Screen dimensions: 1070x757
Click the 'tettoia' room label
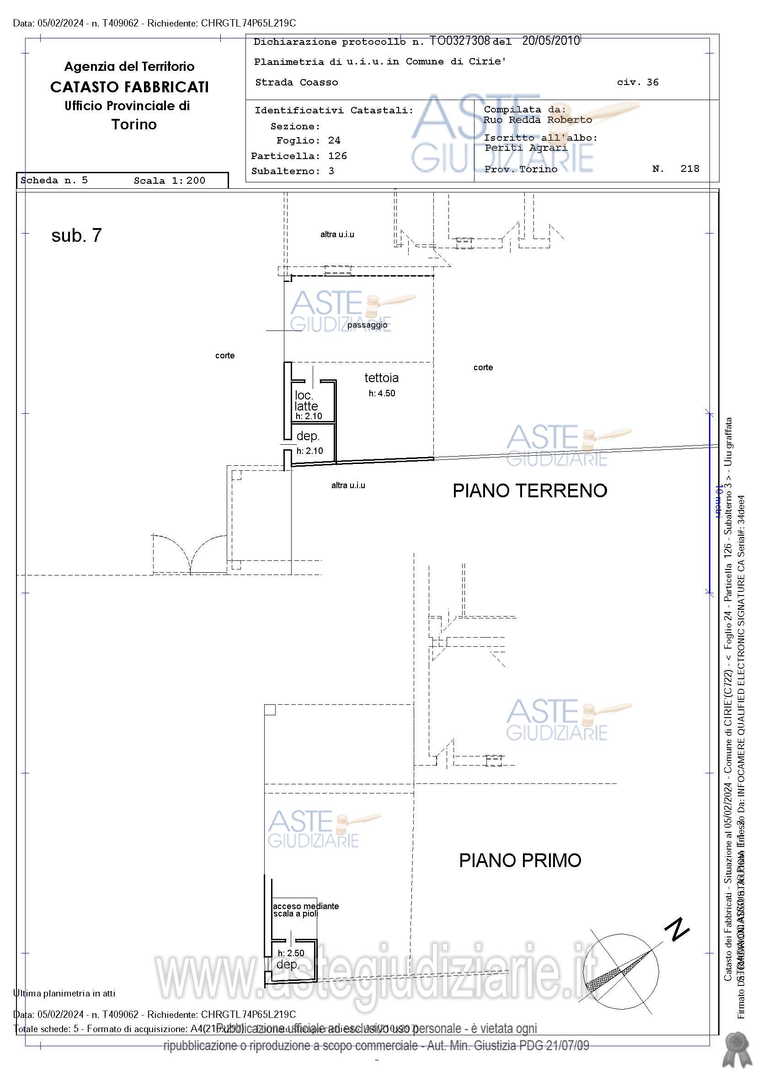(381, 378)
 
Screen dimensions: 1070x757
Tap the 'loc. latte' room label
(306, 401)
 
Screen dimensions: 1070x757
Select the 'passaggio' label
(367, 325)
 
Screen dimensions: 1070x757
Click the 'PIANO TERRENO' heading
(529, 491)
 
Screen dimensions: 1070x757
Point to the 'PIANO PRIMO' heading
(520, 860)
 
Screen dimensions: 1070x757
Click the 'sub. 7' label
(76, 236)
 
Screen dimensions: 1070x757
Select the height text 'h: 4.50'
(381, 394)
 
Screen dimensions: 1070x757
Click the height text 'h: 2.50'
(290, 953)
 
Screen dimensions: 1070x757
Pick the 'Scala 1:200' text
(169, 181)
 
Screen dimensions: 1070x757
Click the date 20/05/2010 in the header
(550, 41)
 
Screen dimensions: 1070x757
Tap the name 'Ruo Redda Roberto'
(538, 120)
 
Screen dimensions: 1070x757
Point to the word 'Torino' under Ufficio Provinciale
(134, 124)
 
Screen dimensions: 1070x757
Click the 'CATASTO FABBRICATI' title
(129, 87)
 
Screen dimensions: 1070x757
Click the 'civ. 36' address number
(637, 82)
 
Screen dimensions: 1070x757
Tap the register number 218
(689, 169)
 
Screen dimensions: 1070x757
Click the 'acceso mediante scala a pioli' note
(305, 910)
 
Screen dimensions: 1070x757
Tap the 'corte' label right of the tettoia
(483, 367)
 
